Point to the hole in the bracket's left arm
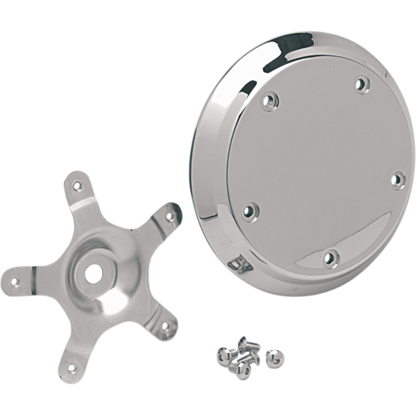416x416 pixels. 15,283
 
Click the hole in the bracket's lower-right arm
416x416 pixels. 166,327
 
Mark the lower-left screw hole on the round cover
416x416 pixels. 249,210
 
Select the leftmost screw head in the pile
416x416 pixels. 222,357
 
